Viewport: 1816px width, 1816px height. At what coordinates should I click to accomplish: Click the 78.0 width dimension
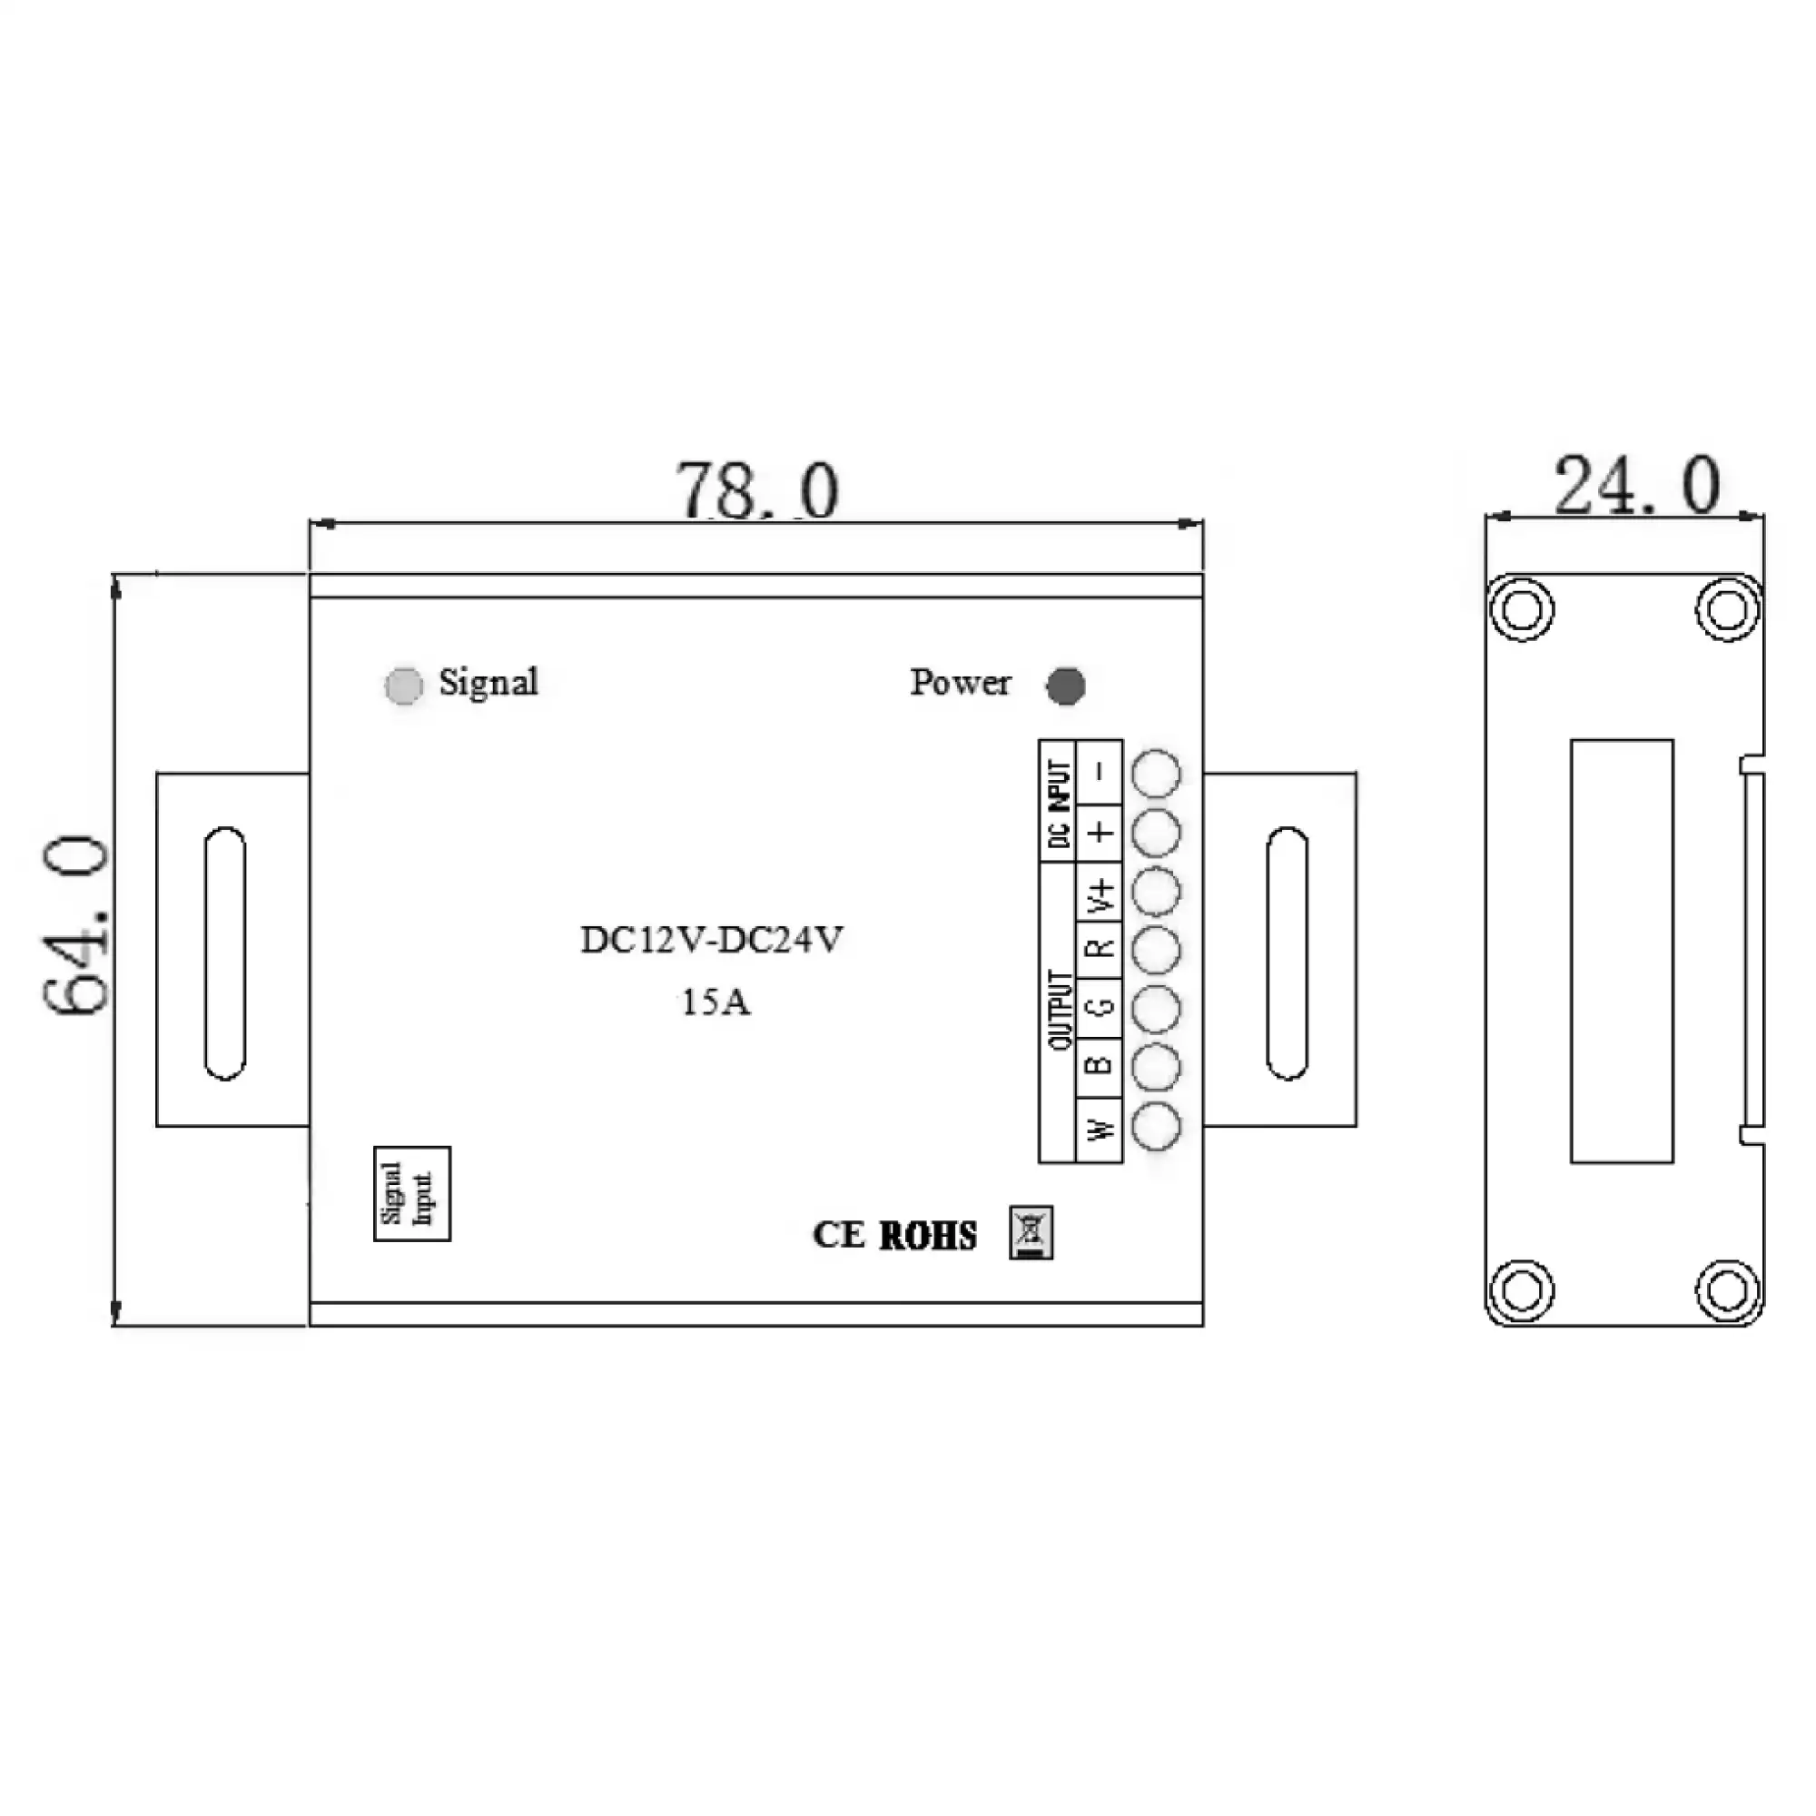756,489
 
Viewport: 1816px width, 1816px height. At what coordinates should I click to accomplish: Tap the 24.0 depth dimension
1636,486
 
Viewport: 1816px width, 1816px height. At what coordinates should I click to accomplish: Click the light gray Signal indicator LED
404,686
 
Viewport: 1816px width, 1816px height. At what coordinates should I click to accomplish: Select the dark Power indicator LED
1066,686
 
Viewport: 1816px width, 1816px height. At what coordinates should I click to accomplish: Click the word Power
960,683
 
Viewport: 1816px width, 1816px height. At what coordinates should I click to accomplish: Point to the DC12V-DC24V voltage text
712,940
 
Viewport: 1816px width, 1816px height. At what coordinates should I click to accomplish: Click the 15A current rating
716,1003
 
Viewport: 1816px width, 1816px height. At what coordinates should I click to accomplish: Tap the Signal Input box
411,1194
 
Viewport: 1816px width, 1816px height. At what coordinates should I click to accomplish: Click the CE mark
838,1235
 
